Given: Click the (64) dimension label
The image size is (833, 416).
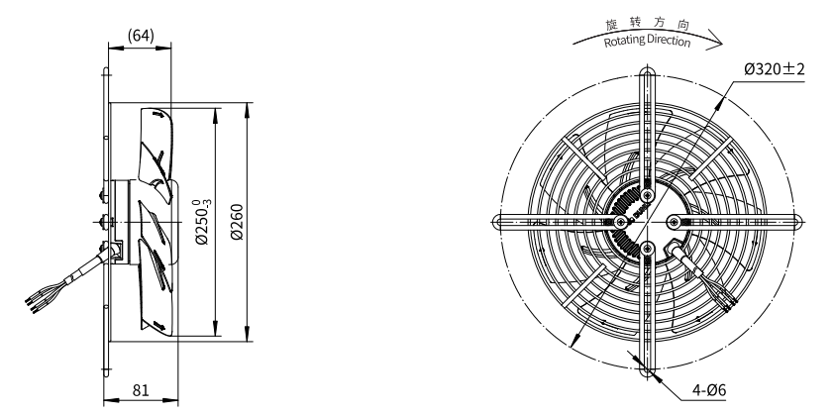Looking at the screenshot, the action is point(141,36).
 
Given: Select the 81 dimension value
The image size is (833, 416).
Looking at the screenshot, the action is point(141,390).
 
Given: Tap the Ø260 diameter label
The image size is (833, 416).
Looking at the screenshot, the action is point(237,222).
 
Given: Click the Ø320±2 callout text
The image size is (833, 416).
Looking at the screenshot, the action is point(774,68).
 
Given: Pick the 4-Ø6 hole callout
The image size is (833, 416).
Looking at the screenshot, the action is point(708,390).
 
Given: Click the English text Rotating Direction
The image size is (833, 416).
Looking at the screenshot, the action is point(647,41).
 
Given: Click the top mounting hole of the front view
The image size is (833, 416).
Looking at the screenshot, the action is point(647,72).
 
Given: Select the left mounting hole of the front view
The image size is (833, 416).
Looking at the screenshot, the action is point(498,222).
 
